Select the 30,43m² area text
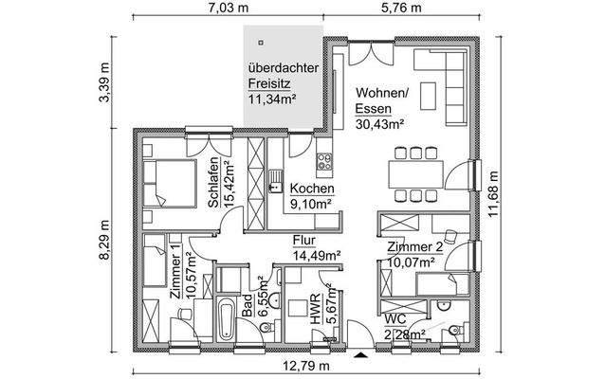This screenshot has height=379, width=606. click(x=380, y=123)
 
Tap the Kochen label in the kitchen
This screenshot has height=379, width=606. click(x=310, y=188)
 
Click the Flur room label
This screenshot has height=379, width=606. click(x=303, y=241)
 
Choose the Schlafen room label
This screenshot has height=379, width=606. click(x=215, y=180)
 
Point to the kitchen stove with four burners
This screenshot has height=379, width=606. click(x=323, y=162)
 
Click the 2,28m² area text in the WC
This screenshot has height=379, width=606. click(x=405, y=333)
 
